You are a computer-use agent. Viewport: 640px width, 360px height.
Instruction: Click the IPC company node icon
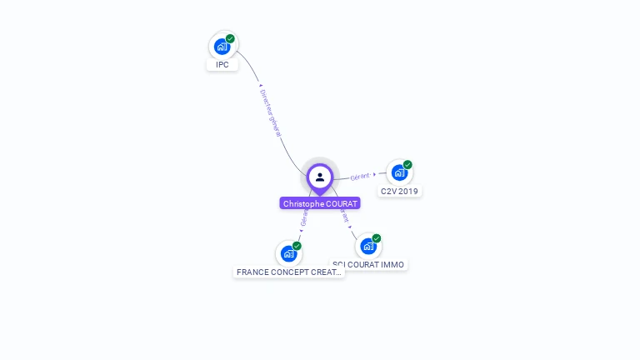click(x=222, y=46)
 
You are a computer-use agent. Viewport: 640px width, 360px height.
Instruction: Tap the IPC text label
click(x=222, y=64)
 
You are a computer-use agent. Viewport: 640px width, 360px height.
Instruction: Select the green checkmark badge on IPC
click(x=230, y=38)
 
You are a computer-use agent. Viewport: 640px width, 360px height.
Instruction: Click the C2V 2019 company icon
click(x=399, y=172)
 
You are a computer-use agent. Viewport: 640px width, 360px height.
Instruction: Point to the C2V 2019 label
click(x=399, y=191)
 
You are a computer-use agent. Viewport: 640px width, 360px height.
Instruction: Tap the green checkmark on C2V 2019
click(x=407, y=165)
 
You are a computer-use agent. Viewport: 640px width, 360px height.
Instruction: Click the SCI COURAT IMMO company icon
click(x=368, y=246)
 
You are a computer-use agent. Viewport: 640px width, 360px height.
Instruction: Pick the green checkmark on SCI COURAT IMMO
click(x=377, y=238)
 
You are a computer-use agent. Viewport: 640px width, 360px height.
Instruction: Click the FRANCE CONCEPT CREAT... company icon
click(x=288, y=253)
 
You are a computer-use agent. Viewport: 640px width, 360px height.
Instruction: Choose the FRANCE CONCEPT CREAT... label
click(x=289, y=272)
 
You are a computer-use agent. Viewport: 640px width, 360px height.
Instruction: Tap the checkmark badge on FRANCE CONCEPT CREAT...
click(x=297, y=246)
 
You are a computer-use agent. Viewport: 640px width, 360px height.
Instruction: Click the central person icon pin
click(x=320, y=177)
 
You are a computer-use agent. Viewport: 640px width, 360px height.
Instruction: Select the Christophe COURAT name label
click(x=320, y=203)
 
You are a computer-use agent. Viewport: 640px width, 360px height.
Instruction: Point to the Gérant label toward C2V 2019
click(x=360, y=177)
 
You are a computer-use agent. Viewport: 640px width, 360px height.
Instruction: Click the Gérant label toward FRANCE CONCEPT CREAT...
click(x=304, y=219)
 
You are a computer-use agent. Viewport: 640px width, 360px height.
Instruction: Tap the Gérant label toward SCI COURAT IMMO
click(x=343, y=216)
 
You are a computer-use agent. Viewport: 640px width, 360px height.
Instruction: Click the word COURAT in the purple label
click(x=342, y=203)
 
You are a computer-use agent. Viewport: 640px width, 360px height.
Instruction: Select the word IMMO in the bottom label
click(x=392, y=264)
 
